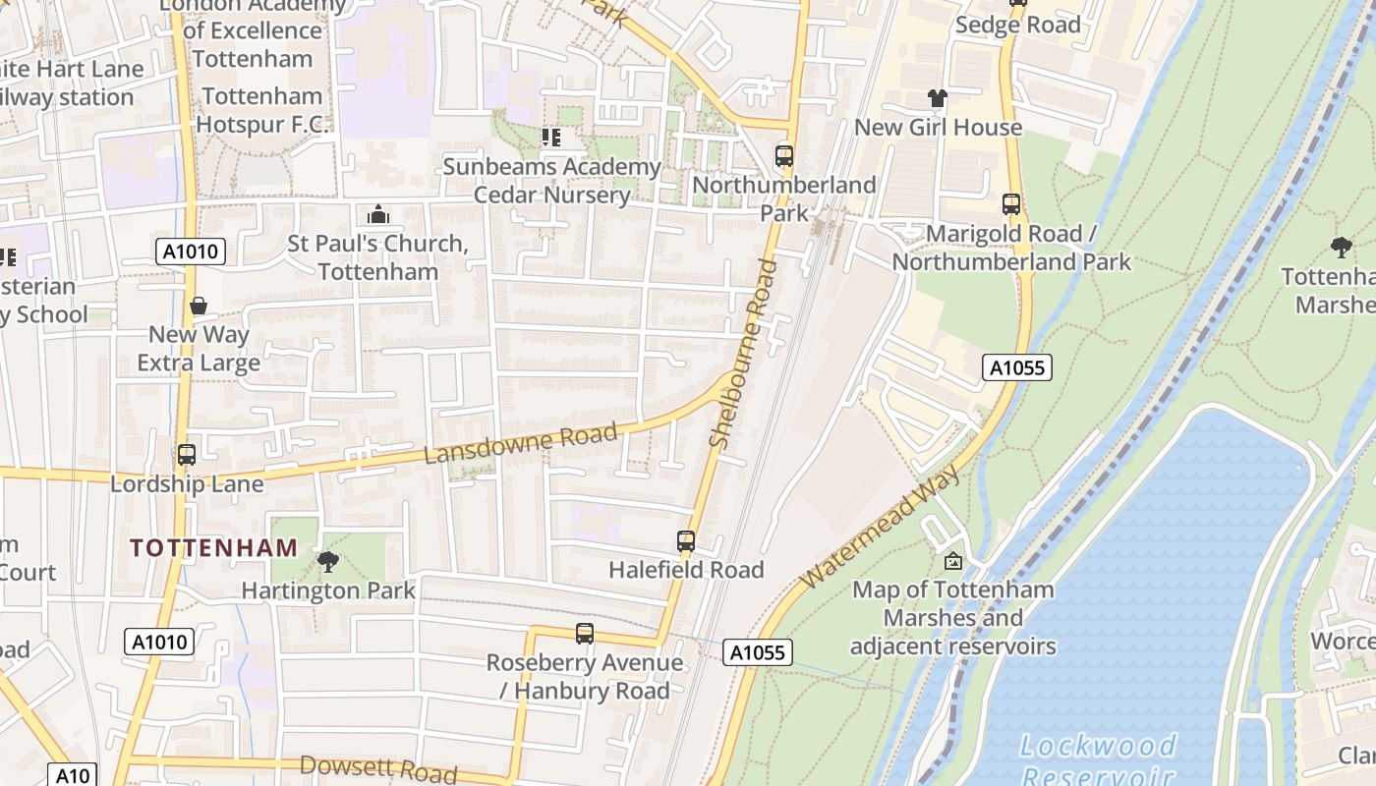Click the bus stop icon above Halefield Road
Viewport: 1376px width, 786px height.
click(x=686, y=541)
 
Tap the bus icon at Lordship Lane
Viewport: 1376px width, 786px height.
click(x=187, y=455)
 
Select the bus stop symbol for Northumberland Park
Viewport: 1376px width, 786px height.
click(x=784, y=156)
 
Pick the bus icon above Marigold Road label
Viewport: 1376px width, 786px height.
click(x=1011, y=204)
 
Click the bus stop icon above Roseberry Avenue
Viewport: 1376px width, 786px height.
click(x=585, y=634)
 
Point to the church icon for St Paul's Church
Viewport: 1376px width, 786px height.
click(x=378, y=214)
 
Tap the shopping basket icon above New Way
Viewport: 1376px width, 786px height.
click(x=199, y=306)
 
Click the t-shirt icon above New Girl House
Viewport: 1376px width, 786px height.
click(x=938, y=98)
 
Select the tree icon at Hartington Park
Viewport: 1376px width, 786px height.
click(x=328, y=562)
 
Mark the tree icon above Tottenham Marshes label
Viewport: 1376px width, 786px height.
click(x=1341, y=247)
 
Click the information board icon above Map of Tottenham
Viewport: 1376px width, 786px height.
click(x=952, y=561)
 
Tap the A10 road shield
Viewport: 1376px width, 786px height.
click(x=73, y=775)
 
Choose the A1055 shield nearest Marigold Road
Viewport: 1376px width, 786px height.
click(x=1017, y=368)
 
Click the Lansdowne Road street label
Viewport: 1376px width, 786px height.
click(x=521, y=444)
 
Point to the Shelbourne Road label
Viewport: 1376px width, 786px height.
click(x=743, y=354)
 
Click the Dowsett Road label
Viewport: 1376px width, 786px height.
click(x=378, y=768)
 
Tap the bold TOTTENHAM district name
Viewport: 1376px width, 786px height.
click(x=213, y=548)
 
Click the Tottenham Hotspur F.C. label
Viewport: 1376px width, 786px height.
click(x=262, y=110)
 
